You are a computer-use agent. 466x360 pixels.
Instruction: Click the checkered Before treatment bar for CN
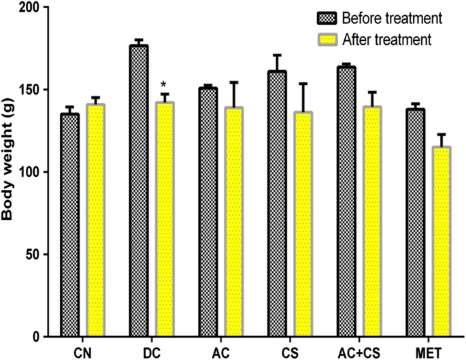click(x=69, y=225)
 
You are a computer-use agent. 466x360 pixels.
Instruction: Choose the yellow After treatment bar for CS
click(x=303, y=225)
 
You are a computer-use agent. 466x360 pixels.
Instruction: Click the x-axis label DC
click(x=152, y=351)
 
